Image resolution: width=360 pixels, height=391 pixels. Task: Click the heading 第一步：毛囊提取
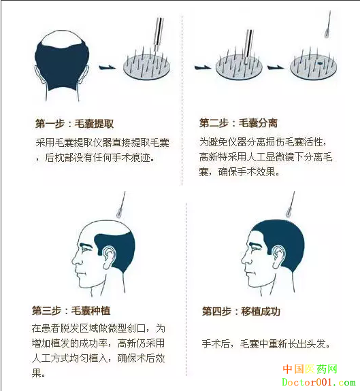pos(74,124)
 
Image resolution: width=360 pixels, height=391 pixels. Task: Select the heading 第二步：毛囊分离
pos(238,123)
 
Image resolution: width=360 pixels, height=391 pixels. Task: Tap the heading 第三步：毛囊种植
pos(71,311)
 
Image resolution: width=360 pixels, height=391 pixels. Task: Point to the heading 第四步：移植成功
pos(241,311)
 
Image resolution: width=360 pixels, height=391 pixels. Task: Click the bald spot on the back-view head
pos(62,39)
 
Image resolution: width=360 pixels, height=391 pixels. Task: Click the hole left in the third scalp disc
pos(320,63)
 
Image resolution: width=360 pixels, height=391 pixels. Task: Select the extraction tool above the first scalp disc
pos(158,34)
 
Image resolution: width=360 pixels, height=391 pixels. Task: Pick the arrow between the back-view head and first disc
pos(108,67)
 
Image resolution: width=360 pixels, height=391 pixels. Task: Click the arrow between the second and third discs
pos(276,67)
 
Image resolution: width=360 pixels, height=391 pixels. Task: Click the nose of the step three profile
pos(76,259)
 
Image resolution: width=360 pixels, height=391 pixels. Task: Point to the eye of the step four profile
pos(255,249)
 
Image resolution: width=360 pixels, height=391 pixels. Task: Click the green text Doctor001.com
pos(318,382)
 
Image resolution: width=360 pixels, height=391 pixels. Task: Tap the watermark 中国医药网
pos(310,369)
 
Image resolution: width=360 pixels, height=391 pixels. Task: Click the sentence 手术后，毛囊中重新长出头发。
pos(266,344)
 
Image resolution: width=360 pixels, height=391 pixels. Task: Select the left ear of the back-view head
pos(38,74)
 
